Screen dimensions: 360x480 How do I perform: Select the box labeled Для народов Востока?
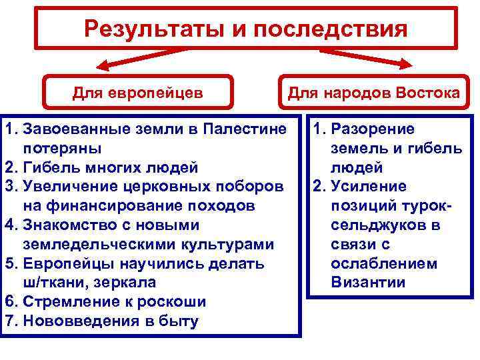(x=373, y=93)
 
